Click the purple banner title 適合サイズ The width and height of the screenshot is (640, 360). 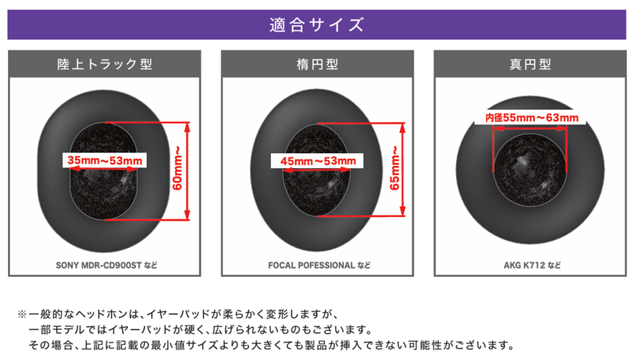pyautogui.click(x=316, y=25)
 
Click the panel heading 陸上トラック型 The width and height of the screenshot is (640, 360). pyautogui.click(x=105, y=64)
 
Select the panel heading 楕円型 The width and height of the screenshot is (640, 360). pyautogui.click(x=317, y=64)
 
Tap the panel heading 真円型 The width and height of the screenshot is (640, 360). pyautogui.click(x=530, y=64)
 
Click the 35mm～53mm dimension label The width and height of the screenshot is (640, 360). pyautogui.click(x=105, y=160)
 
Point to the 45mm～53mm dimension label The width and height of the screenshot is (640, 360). pyautogui.click(x=318, y=161)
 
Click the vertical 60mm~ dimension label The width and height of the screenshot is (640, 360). pyautogui.click(x=178, y=168)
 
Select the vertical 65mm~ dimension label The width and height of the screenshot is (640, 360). pyautogui.click(x=394, y=168)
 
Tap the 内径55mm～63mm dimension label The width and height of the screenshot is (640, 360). pyautogui.click(x=532, y=118)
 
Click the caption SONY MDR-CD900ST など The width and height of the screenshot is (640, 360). pyautogui.click(x=106, y=265)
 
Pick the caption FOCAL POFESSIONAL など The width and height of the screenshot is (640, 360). pyautogui.click(x=319, y=265)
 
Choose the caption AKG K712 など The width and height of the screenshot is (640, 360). pyautogui.click(x=532, y=265)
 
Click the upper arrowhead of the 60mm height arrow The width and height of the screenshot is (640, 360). pyautogui.click(x=187, y=126)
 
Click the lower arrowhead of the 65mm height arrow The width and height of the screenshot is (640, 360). pyautogui.click(x=403, y=211)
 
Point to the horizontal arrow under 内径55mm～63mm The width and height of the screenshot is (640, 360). pyautogui.click(x=530, y=129)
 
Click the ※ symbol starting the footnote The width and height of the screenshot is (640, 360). pyautogui.click(x=22, y=314)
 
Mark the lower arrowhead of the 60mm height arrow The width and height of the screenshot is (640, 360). pyautogui.click(x=187, y=216)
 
